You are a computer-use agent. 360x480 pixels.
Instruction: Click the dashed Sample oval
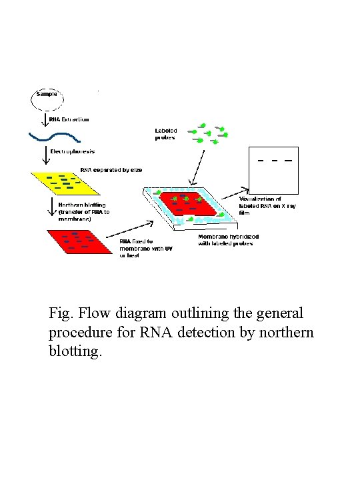tap(47, 99)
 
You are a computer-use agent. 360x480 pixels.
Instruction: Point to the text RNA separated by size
tap(111, 170)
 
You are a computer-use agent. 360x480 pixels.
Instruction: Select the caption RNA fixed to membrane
tap(140, 248)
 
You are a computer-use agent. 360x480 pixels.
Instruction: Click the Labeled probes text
tap(165, 134)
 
